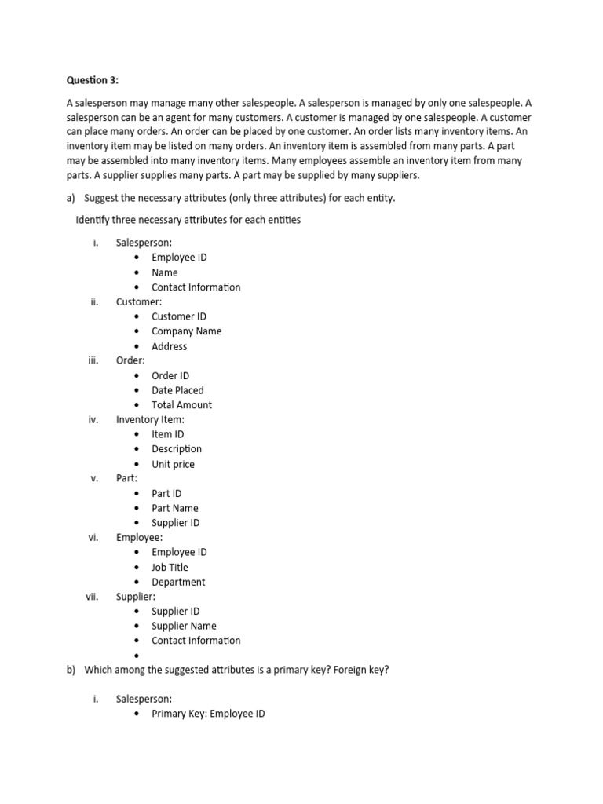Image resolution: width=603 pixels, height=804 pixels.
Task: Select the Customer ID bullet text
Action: [x=179, y=316]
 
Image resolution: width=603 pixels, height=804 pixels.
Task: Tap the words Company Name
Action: [x=187, y=331]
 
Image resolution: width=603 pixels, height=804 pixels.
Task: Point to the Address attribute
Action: [x=170, y=346]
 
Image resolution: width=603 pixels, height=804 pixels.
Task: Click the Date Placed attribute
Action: [x=177, y=390]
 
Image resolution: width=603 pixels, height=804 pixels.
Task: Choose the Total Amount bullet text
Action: [x=182, y=405]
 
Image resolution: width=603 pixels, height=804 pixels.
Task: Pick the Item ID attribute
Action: [x=168, y=434]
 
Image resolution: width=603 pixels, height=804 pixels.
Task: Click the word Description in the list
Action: [x=177, y=449]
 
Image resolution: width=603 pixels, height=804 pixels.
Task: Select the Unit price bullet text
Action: [x=174, y=464]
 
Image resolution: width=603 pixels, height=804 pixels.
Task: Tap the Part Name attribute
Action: [x=175, y=508]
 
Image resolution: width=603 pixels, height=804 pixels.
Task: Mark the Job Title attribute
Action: [x=170, y=567]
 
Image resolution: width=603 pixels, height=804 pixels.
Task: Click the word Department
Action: [x=179, y=582]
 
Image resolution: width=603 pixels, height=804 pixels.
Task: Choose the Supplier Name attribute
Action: [x=185, y=626]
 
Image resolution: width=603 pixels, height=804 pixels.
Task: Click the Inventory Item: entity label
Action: [x=150, y=419]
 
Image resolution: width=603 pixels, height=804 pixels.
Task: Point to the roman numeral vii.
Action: [x=92, y=597]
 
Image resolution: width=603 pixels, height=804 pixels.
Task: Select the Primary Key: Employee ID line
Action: [x=208, y=714]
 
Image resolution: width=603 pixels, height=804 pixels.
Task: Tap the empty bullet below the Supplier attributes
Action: [x=137, y=656]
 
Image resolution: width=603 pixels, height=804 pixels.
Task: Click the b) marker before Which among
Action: [x=71, y=669]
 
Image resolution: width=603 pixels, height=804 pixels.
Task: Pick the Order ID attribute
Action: [x=170, y=375]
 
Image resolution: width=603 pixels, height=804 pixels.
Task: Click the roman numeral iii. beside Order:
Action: [x=93, y=360]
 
